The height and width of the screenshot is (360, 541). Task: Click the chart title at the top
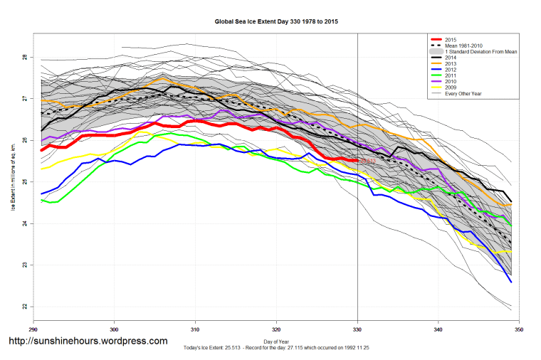pyautogui.click(x=276, y=22)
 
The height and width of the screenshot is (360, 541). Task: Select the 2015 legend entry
pyautogui.click(x=448, y=39)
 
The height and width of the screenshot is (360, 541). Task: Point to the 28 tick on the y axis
pyautogui.click(x=24, y=57)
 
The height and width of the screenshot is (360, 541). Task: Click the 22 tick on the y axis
pyautogui.click(x=24, y=307)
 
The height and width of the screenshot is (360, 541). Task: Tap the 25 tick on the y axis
pyautogui.click(x=24, y=182)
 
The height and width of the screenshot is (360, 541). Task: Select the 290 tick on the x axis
pyautogui.click(x=33, y=329)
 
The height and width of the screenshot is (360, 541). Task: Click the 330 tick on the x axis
pyautogui.click(x=357, y=329)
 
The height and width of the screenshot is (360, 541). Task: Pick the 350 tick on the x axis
pyautogui.click(x=519, y=329)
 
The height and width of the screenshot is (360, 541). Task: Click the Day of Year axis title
pyautogui.click(x=276, y=342)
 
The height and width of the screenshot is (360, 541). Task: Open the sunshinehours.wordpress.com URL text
pyautogui.click(x=88, y=341)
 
